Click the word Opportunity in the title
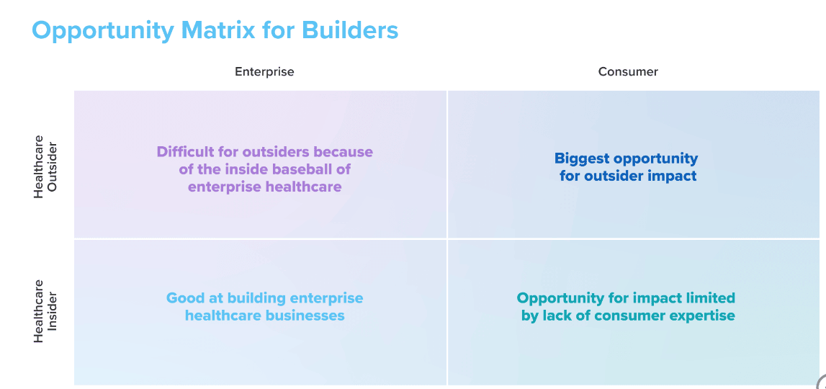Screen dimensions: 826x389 (x=103, y=31)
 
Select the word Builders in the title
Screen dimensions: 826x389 (x=350, y=30)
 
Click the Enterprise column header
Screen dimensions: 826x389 (x=264, y=72)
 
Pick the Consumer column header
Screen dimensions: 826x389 (x=628, y=72)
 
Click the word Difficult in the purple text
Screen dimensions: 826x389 (x=182, y=152)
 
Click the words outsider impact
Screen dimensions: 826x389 (x=640, y=176)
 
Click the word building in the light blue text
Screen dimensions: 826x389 (x=252, y=298)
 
